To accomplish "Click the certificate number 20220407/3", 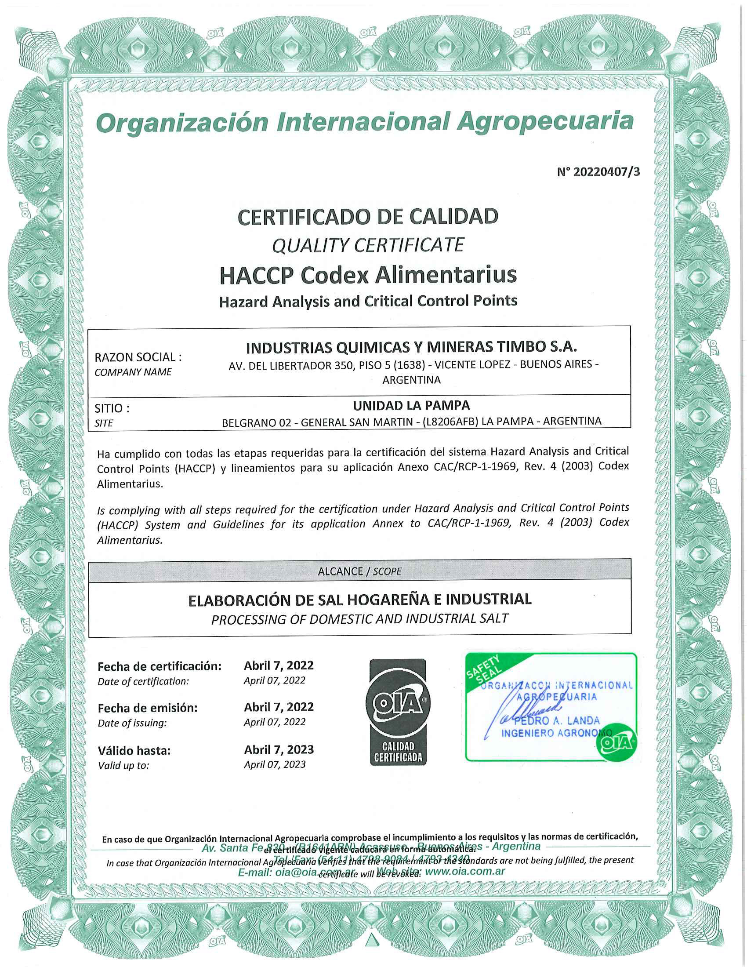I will tap(598, 172).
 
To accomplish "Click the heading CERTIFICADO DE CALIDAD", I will tap(368, 217).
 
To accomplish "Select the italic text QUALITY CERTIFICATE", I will tap(368, 245).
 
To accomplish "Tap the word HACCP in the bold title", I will tap(255, 275).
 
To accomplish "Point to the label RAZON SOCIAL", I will tap(138, 357).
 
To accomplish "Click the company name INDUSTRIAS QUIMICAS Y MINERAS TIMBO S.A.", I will tap(411, 347).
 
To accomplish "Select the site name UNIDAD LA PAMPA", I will tap(411, 405).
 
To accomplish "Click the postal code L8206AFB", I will tap(450, 422).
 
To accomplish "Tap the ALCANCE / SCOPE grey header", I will tap(359, 571).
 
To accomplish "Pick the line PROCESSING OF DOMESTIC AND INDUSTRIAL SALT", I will tap(359, 618).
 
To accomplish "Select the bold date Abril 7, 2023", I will tap(279, 749).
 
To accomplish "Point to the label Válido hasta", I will tap(134, 750).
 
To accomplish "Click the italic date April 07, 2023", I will tap(274, 765).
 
